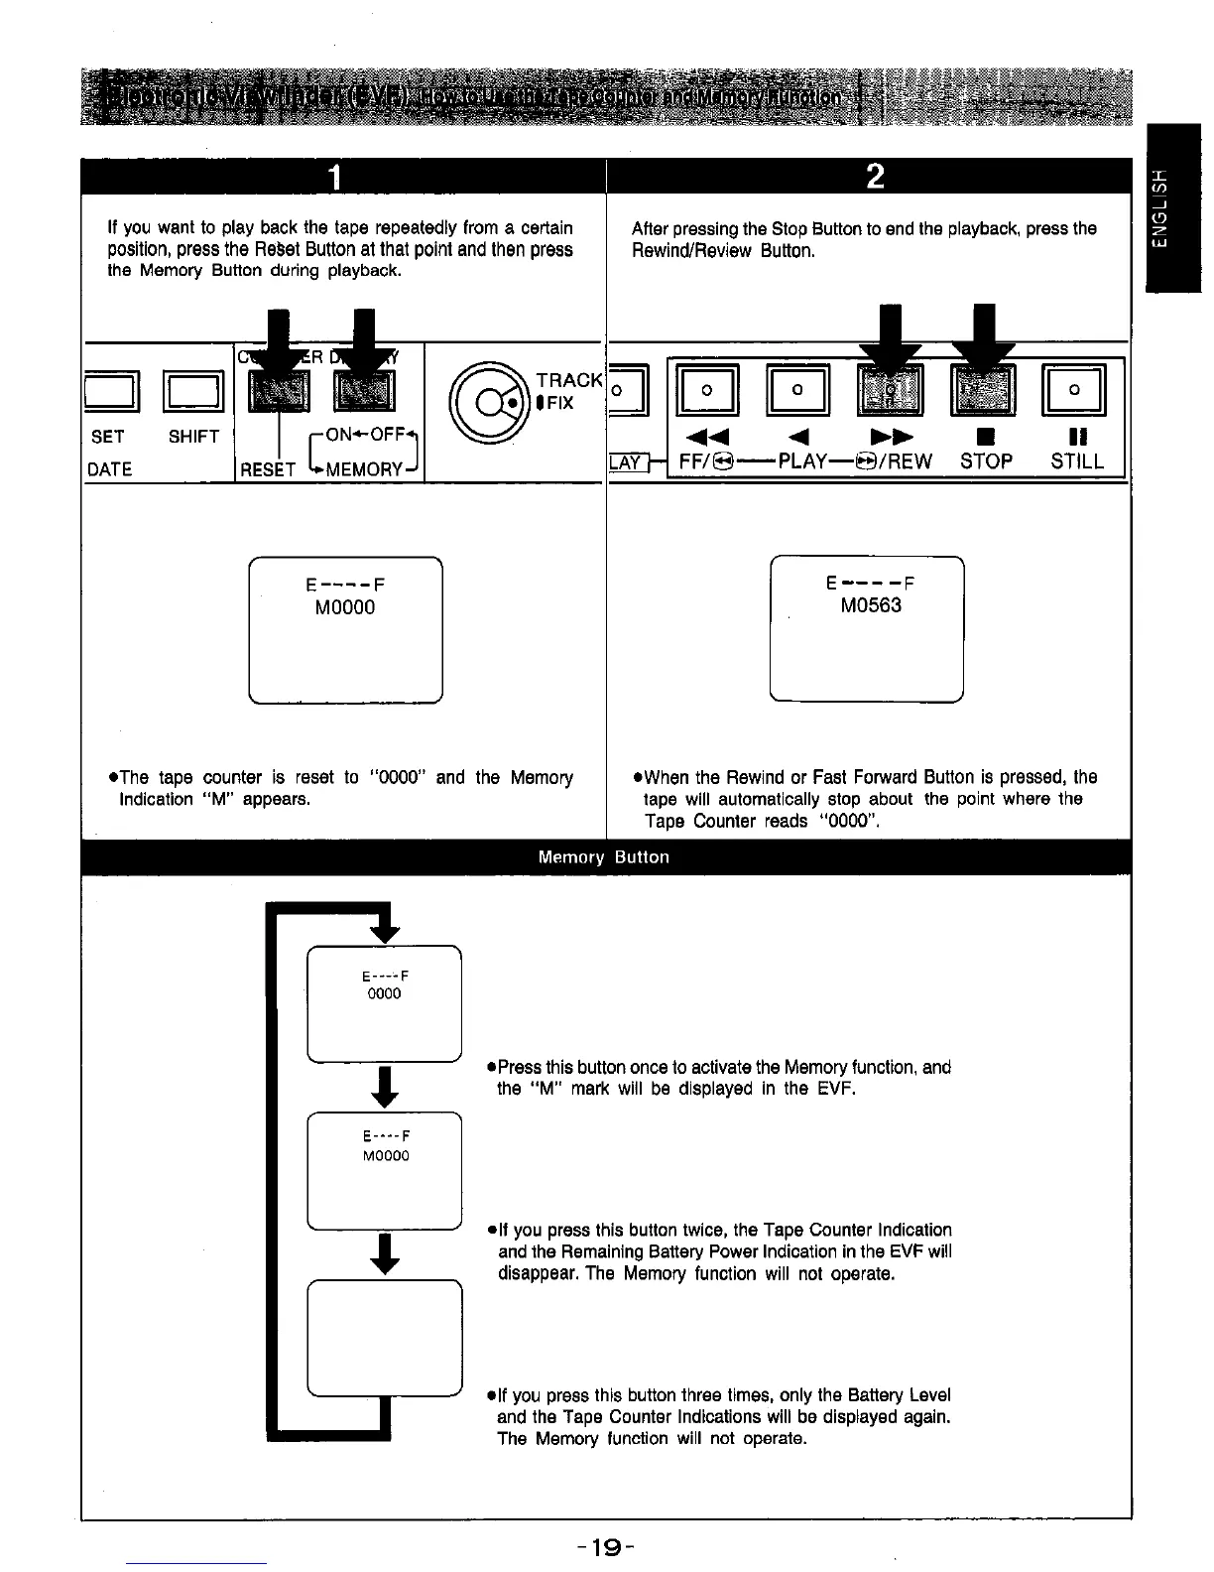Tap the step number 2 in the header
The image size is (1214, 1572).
[x=874, y=177]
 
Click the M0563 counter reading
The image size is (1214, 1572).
[x=871, y=605]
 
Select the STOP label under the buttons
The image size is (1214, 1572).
[x=986, y=461]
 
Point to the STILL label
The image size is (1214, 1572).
[x=1077, y=461]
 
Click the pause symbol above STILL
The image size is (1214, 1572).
[x=1075, y=434]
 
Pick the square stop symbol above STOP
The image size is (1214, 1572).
[x=985, y=434]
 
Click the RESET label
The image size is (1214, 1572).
[x=268, y=469]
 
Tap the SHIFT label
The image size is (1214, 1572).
[x=193, y=437]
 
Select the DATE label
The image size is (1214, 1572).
[x=109, y=469]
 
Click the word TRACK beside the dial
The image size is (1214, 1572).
[x=568, y=380]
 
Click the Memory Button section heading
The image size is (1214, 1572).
[x=603, y=857]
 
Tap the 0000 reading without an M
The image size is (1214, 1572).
[x=385, y=993]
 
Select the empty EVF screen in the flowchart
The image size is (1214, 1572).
[x=385, y=1338]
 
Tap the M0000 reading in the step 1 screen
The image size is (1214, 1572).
[x=345, y=607]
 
